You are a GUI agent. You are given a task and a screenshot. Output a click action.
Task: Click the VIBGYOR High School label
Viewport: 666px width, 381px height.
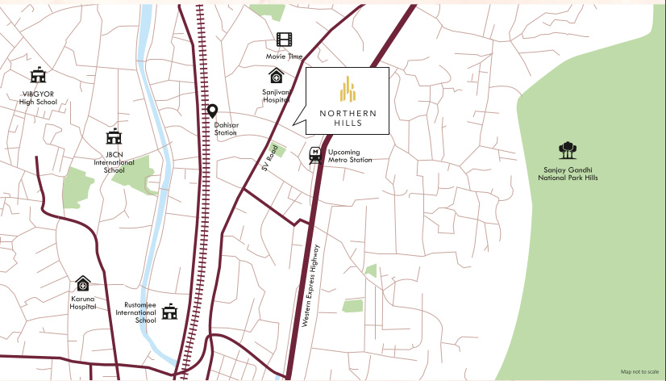(x=36, y=98)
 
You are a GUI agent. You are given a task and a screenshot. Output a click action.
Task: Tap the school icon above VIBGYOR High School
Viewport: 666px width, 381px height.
(x=37, y=76)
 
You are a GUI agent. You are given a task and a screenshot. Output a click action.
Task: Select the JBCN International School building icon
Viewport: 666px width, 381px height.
(x=114, y=137)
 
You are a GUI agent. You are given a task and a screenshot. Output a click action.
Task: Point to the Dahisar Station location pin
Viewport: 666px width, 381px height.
(x=213, y=111)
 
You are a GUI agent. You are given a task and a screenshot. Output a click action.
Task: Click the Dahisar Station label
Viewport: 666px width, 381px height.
(x=226, y=128)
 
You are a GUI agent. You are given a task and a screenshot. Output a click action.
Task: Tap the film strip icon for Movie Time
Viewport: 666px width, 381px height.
(x=284, y=40)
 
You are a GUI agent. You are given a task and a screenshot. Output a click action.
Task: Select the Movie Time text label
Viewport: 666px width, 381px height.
(x=285, y=57)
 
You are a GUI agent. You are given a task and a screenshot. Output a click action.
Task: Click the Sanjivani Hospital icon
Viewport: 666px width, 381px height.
(x=277, y=76)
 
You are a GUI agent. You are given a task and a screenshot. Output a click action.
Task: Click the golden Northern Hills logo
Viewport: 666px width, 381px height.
(x=347, y=88)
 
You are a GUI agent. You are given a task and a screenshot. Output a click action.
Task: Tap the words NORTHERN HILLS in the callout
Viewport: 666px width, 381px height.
(x=347, y=118)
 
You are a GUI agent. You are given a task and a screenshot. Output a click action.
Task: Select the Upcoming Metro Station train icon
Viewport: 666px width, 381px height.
(x=314, y=155)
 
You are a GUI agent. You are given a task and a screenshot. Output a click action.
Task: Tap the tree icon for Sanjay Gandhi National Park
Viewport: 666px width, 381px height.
(x=568, y=150)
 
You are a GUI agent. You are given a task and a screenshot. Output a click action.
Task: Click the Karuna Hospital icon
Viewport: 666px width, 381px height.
(x=83, y=283)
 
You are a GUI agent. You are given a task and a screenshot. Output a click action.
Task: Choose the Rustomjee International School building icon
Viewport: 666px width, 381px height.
(x=170, y=312)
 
